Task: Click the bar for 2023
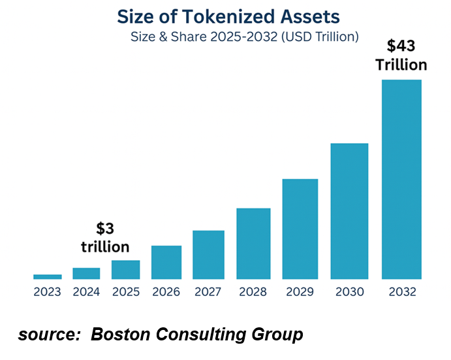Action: click(x=48, y=276)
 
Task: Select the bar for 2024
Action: click(x=86, y=273)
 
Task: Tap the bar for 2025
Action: click(x=125, y=269)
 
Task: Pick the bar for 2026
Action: click(x=166, y=262)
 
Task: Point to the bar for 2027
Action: click(x=208, y=254)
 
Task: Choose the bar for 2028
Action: click(x=253, y=243)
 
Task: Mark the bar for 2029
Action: click(x=300, y=229)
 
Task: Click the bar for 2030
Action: click(x=349, y=210)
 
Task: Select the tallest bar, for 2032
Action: click(x=401, y=179)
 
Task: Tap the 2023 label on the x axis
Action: click(x=48, y=292)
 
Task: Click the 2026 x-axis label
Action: click(x=166, y=292)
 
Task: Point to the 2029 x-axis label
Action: click(x=300, y=292)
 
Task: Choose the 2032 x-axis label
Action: click(x=401, y=292)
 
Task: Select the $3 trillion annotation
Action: click(x=105, y=238)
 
